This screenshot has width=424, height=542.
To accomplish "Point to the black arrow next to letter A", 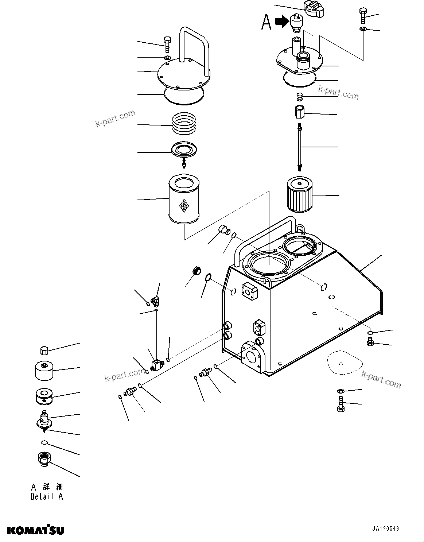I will click(281, 22).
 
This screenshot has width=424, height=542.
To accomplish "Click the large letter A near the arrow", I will click(267, 23).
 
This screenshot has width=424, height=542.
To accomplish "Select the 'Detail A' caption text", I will click(47, 496).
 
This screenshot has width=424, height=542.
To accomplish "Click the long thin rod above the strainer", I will click(300, 147).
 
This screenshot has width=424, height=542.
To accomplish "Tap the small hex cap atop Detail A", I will click(44, 351).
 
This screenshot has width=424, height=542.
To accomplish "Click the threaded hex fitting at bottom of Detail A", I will click(44, 458).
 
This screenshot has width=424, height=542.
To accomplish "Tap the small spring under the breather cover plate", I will click(300, 97).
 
